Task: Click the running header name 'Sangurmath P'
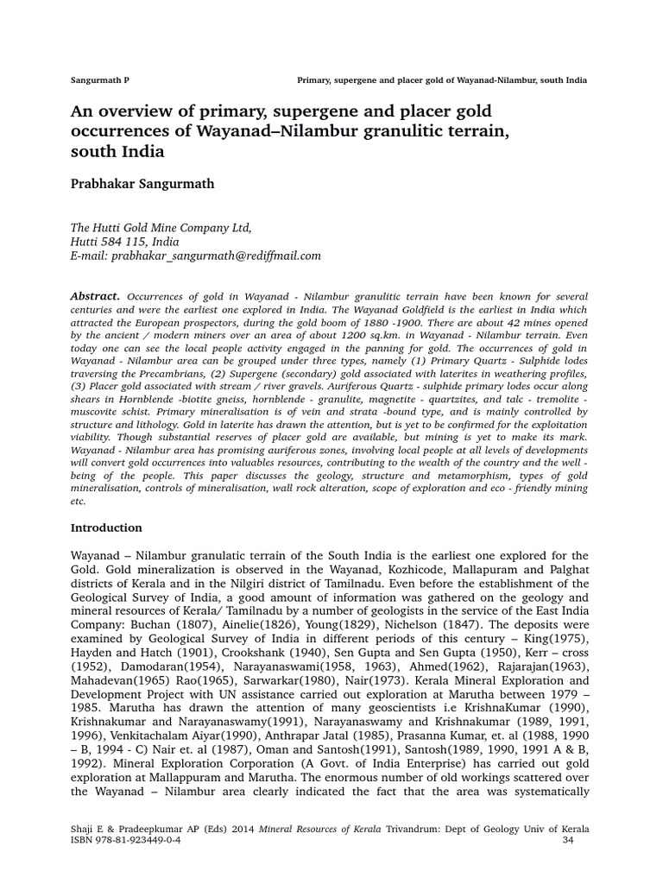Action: coord(99,80)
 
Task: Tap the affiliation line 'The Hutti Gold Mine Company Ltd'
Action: coord(161,228)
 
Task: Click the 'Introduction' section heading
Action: coord(105,527)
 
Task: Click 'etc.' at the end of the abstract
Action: coord(78,501)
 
